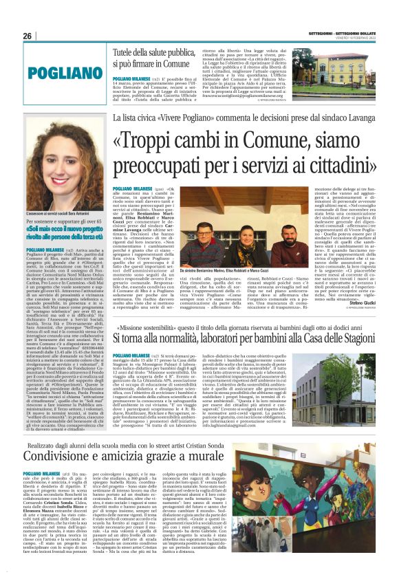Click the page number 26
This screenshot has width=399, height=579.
point(28,36)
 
